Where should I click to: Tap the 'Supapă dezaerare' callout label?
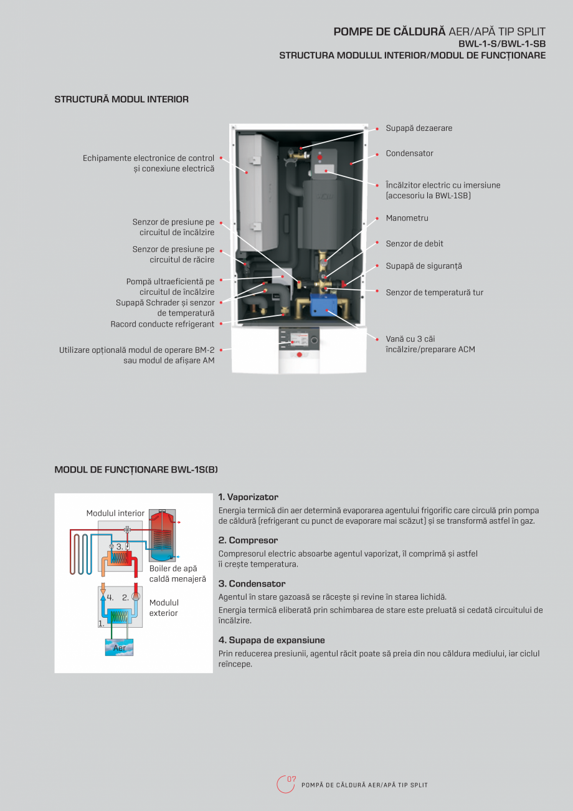(x=419, y=128)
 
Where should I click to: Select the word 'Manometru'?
(x=407, y=218)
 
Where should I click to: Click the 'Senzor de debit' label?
(x=414, y=244)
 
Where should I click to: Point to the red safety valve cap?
(x=344, y=284)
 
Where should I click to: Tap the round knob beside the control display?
(x=315, y=340)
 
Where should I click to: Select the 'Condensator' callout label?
(x=409, y=153)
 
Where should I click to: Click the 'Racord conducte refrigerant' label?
(x=163, y=324)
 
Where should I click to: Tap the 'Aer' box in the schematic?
(x=119, y=648)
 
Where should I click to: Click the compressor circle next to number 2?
(x=135, y=597)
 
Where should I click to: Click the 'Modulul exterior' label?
(x=164, y=608)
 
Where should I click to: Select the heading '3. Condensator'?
(x=252, y=584)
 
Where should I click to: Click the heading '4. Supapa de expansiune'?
(x=271, y=640)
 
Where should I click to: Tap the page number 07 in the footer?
(x=291, y=780)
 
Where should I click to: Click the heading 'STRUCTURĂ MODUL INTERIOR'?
(x=121, y=99)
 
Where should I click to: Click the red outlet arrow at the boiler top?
(x=179, y=521)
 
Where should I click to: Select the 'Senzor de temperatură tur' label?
(x=434, y=292)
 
